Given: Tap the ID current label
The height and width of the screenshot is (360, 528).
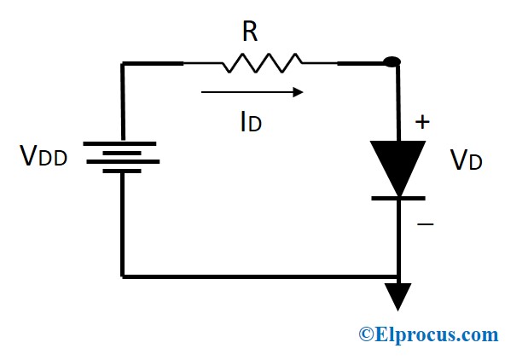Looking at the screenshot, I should click(250, 122).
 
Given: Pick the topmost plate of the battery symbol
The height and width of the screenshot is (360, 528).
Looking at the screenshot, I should click(123, 142).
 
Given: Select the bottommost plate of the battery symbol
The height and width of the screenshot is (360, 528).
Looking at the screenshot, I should click(123, 171).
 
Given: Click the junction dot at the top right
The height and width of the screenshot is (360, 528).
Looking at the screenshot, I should click(392, 62).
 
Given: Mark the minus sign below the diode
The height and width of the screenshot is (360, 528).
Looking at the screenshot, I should click(425, 224).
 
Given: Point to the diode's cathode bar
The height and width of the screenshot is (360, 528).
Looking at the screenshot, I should click(397, 198).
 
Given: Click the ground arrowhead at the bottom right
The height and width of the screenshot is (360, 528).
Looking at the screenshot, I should click(397, 296).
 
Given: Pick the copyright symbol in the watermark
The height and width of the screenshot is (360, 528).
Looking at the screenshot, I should click(366, 334).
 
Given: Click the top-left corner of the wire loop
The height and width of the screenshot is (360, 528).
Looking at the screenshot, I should click(123, 63).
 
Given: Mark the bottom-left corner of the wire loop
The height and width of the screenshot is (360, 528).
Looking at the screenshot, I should click(123, 276).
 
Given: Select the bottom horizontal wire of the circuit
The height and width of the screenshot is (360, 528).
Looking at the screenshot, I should click(256, 276).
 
